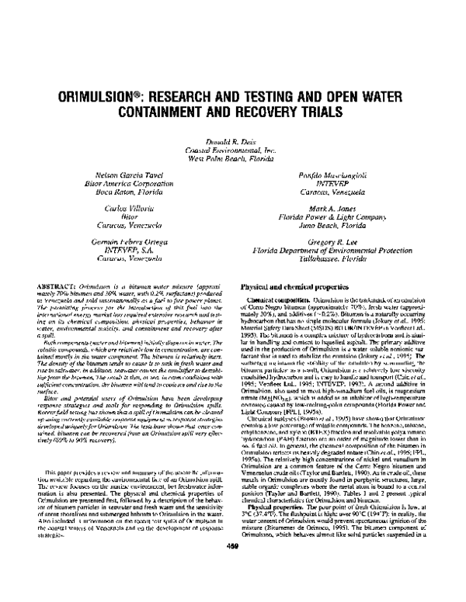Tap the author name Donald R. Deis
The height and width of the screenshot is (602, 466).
tap(232, 140)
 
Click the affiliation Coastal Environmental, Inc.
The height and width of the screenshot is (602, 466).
tap(232, 147)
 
